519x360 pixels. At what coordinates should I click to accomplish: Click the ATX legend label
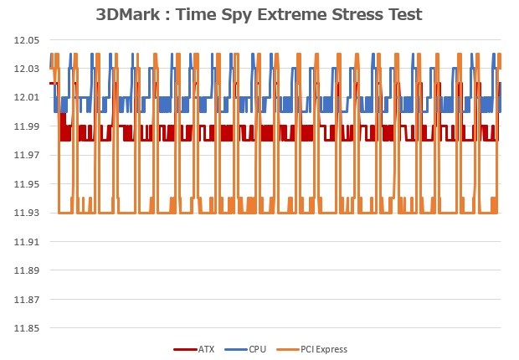pos(206,349)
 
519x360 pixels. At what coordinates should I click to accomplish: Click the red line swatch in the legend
pos(183,349)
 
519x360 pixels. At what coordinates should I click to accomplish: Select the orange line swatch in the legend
pos(287,349)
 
